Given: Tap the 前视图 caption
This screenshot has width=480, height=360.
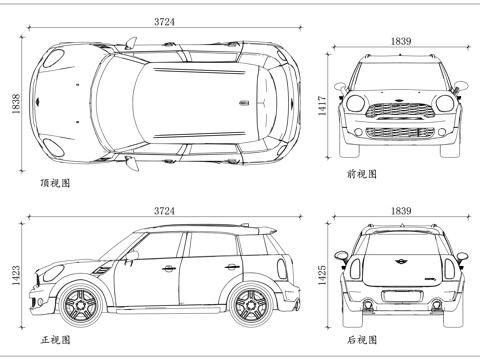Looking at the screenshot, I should [362, 174].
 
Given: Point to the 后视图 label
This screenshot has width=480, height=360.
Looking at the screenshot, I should [362, 340].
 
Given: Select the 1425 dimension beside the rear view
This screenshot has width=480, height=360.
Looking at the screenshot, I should [322, 273].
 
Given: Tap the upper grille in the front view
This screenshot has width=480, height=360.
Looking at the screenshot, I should [399, 110].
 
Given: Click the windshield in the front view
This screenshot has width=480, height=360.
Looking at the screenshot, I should [399, 75].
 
